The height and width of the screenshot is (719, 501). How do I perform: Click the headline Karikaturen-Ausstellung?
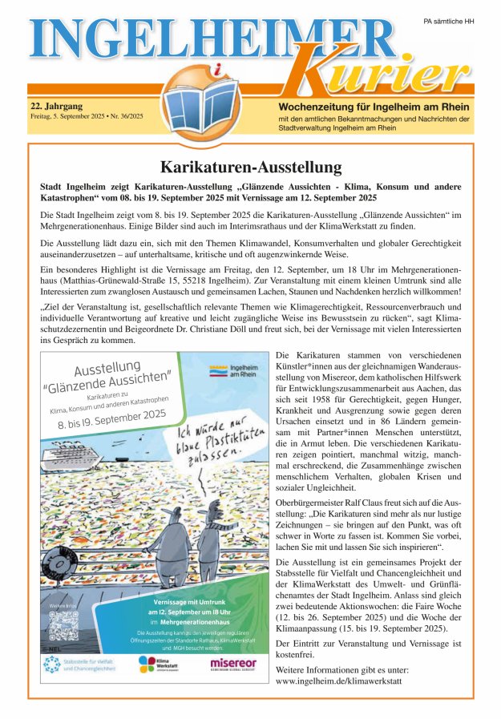(250, 168)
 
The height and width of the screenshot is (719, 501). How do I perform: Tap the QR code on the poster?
(61, 624)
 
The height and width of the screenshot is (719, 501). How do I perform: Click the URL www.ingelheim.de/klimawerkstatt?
(337, 681)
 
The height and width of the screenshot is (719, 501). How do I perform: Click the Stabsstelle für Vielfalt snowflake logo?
(53, 664)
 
